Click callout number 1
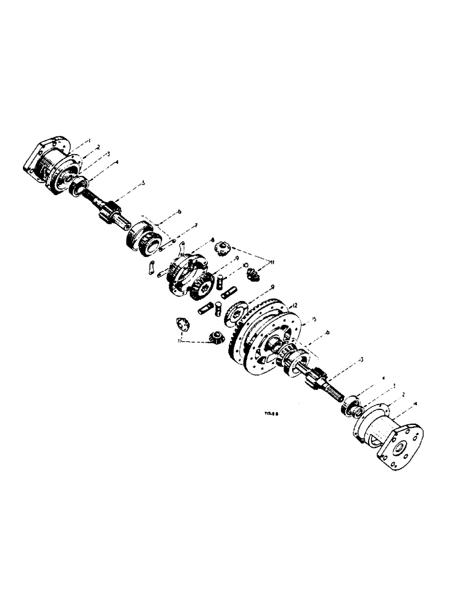coord(89,140)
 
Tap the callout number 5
coord(143,182)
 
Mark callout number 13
coord(360,360)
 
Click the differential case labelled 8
coord(187,274)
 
